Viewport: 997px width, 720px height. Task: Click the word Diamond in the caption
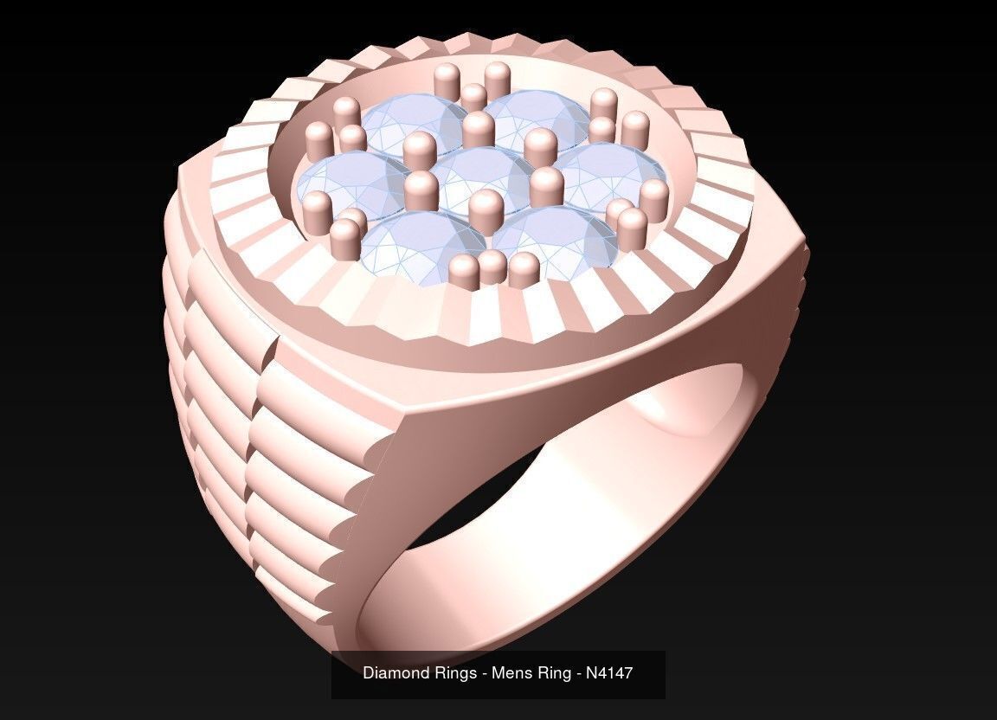(x=396, y=672)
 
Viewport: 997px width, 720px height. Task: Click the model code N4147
(x=609, y=672)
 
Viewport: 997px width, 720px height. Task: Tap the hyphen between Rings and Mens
(x=481, y=672)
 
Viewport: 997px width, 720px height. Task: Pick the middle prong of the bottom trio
(x=492, y=266)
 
